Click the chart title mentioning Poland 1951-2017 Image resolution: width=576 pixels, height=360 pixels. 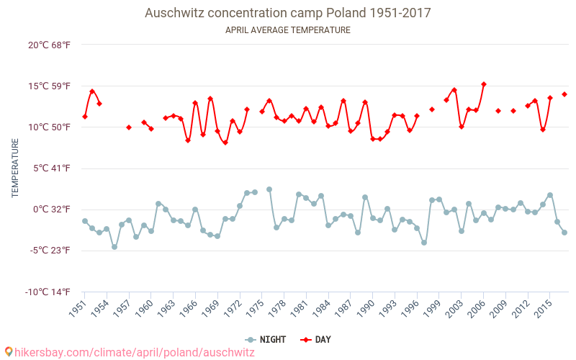click(288, 14)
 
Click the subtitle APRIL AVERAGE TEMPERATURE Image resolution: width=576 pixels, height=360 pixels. click(288, 30)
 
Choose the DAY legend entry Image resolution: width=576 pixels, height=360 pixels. click(316, 339)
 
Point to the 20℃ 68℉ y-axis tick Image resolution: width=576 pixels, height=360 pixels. click(49, 45)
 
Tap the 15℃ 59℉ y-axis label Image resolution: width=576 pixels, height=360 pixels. click(49, 86)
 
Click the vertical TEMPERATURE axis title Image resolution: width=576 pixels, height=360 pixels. click(15, 168)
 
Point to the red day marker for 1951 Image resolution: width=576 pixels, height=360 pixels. click(85, 117)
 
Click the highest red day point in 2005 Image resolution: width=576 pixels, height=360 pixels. click(484, 84)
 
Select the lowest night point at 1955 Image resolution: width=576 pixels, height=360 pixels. click(114, 247)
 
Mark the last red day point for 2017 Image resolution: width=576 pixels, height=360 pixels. click(564, 94)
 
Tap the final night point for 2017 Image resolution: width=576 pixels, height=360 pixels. click(564, 233)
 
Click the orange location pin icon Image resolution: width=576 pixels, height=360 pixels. click(9, 352)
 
